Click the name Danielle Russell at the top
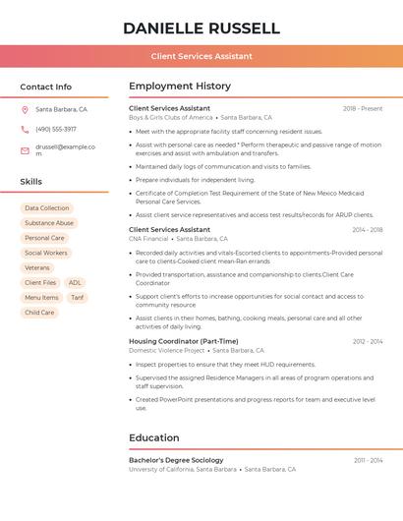(201, 29)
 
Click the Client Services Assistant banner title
(201, 56)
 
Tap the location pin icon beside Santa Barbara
(25, 109)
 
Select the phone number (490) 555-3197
(56, 129)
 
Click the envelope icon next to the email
(25, 150)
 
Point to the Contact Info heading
(46, 87)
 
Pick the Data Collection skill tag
(47, 208)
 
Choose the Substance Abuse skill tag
(49, 223)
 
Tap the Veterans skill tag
(37, 267)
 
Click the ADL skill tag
(75, 282)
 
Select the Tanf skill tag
(77, 297)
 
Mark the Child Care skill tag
(39, 313)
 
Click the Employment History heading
(180, 87)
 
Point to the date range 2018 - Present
(363, 108)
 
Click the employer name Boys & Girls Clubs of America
(170, 117)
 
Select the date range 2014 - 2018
(367, 230)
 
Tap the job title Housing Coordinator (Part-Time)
(184, 341)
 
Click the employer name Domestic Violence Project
(167, 350)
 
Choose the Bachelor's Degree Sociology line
(176, 460)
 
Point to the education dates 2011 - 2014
(368, 460)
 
